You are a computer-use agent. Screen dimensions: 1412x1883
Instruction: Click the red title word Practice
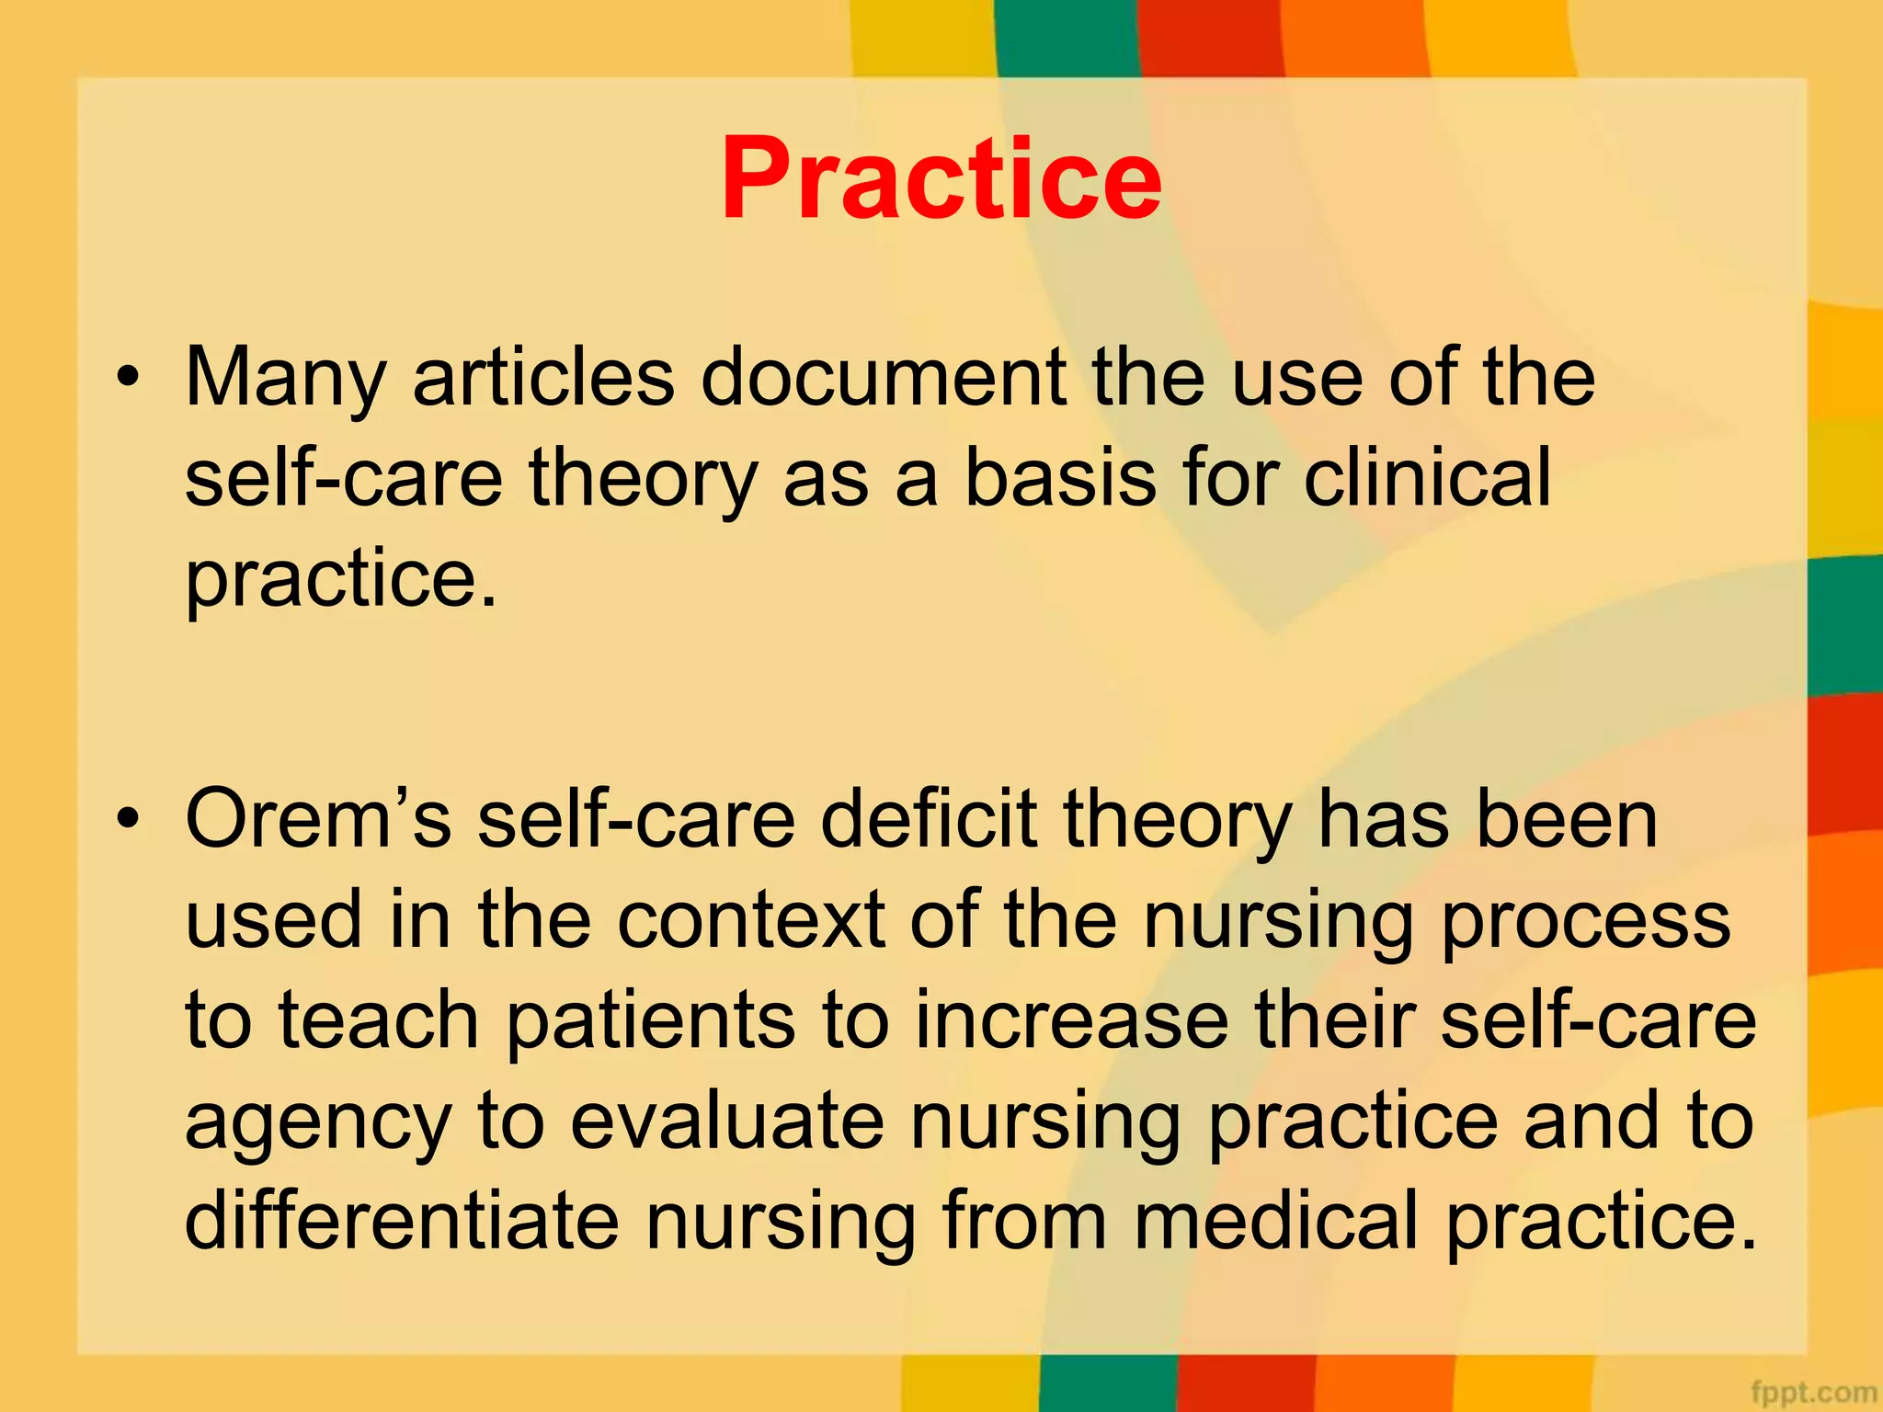[x=941, y=178]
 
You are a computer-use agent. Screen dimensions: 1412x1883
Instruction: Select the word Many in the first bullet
[x=285, y=379]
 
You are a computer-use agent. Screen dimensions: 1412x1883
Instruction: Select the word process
[x=1586, y=923]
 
